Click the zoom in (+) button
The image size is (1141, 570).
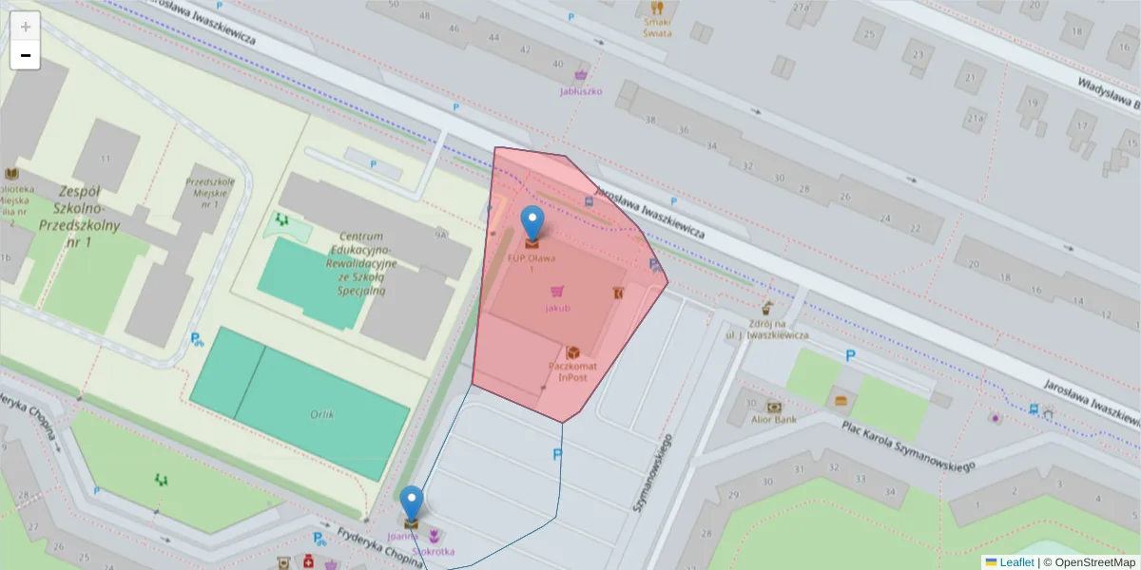pos(26,26)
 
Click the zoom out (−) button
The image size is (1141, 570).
pos(26,55)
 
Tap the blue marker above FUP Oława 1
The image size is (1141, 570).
pos(532,223)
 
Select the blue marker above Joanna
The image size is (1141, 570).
pos(412,503)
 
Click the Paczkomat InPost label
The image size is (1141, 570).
pos(573,371)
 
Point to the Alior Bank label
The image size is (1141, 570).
pos(773,418)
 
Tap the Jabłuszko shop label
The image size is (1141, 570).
pos(581,91)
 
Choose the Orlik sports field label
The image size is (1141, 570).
pos(322,414)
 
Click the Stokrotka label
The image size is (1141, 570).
pos(434,551)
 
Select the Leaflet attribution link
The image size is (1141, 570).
pos(1015,562)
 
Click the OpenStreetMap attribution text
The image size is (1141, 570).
pos(1093,562)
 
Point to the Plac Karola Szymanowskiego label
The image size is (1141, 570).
pos(909,446)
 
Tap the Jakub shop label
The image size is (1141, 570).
pos(558,308)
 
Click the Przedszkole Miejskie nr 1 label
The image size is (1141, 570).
pos(210,193)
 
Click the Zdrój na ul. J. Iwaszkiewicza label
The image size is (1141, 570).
pos(766,330)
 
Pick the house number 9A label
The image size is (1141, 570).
pos(440,234)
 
